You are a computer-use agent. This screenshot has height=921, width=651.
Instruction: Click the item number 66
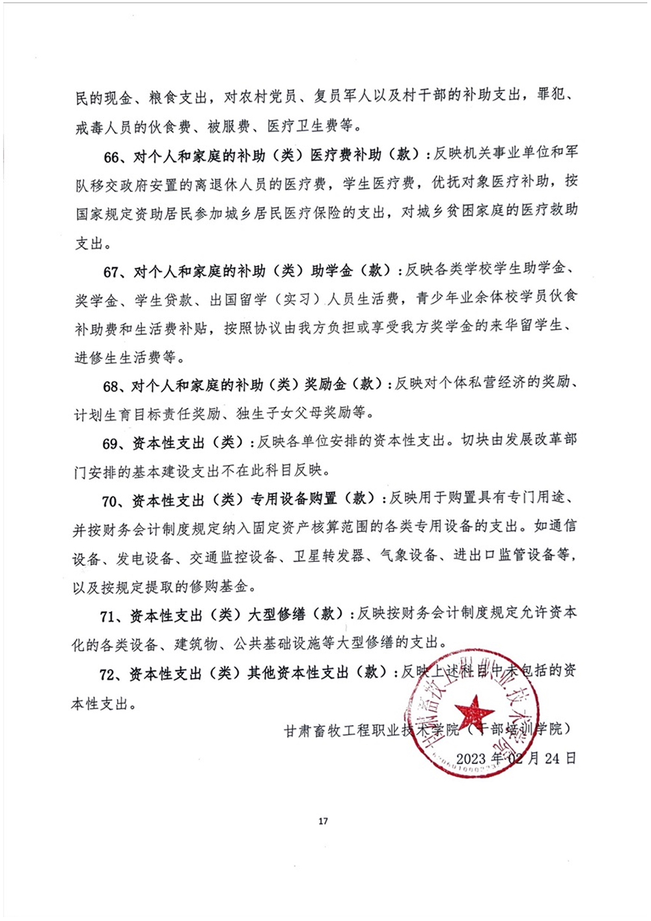point(112,157)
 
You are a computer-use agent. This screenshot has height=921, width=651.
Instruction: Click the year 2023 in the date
point(471,758)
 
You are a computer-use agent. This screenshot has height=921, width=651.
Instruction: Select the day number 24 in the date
point(552,758)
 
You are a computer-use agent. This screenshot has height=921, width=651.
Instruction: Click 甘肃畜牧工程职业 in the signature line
point(342,730)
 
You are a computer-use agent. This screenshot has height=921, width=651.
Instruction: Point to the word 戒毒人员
point(104,127)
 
